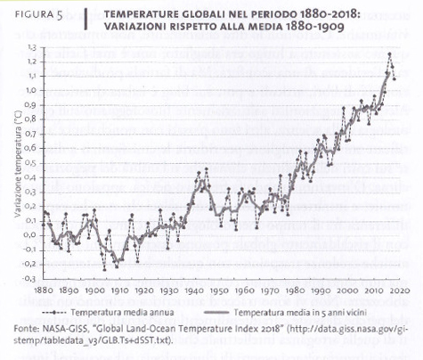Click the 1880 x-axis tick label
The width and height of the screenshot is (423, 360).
[x=43, y=290]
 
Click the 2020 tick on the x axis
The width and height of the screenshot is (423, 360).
[x=398, y=290]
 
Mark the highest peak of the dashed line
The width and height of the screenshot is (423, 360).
[x=388, y=54]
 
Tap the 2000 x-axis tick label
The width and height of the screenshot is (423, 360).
[x=347, y=290]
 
